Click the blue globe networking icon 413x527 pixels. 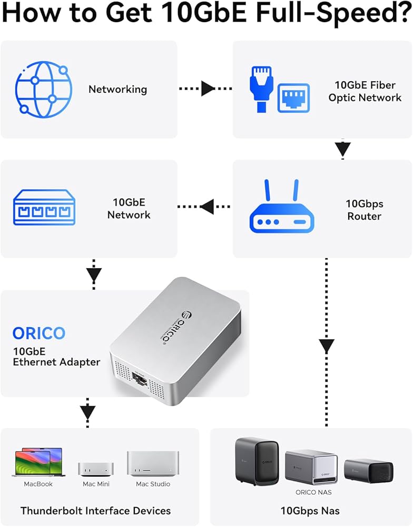pos(44,89)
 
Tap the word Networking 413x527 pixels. pos(117,89)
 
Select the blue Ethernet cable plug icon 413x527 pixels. pos(260,88)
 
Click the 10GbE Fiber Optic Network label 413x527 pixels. pos(365,91)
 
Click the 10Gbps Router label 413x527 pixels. pos(364,210)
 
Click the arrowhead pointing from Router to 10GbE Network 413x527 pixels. pos(207,207)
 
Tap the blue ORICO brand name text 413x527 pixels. pos(39,333)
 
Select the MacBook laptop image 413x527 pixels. pos(38,463)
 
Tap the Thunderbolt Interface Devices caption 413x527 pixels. pos(95,510)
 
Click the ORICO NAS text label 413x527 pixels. pos(313,492)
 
